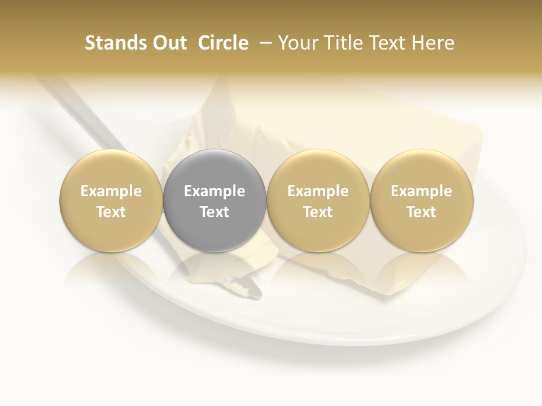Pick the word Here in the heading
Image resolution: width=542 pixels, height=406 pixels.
[x=432, y=43]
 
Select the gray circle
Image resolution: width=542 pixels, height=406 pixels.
[x=215, y=200]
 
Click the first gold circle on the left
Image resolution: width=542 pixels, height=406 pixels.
[x=111, y=200]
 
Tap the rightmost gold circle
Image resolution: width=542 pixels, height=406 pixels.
[x=421, y=200]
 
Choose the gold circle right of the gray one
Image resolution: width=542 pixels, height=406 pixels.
[x=318, y=200]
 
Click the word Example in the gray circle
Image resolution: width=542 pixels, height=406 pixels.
[x=215, y=191]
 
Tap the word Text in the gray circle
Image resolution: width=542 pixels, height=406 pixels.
[x=215, y=212]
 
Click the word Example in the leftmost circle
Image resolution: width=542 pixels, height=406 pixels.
[x=111, y=191]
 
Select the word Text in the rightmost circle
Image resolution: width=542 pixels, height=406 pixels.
[x=421, y=212]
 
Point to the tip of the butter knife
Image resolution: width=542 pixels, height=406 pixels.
[x=257, y=293]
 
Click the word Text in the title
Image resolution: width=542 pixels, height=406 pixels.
[x=386, y=43]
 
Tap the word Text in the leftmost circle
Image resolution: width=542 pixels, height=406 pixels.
[x=111, y=212]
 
